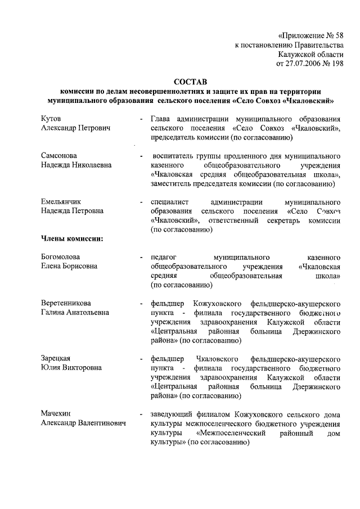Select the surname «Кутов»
pos(51,119)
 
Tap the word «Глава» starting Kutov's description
pos(161,119)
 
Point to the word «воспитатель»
pos(173,155)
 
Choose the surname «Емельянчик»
pos(61,201)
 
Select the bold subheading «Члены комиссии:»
pos(71,238)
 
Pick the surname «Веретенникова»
pos(66,303)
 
